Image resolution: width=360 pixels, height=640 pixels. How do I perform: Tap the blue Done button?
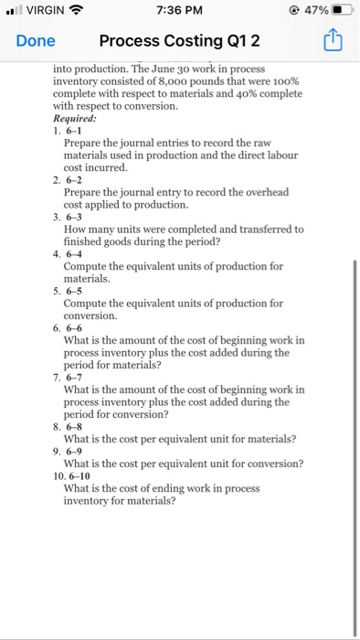click(x=35, y=40)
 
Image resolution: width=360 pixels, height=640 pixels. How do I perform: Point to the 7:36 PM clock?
click(x=179, y=11)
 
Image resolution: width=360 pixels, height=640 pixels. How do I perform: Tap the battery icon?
click(x=340, y=11)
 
